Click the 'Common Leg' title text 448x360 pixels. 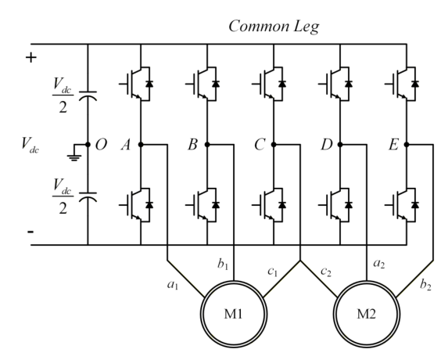coord(274,27)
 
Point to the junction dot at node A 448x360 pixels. coord(141,145)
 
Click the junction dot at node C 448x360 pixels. coord(274,145)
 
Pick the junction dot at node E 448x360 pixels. coord(407,145)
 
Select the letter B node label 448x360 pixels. coord(192,145)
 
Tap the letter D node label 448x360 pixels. coord(327,145)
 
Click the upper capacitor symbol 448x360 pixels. coord(88,95)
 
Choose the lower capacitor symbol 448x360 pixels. coord(88,197)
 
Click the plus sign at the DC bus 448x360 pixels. coord(31,58)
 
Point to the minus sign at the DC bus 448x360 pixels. coord(30,232)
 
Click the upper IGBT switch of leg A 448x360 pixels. coord(136,84)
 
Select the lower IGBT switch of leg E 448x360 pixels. coord(402,205)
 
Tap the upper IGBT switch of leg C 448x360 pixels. coord(269,84)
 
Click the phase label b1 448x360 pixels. coord(223,265)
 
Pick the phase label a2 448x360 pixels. coord(379,264)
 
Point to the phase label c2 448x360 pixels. coord(326,272)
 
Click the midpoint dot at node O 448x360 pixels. coord(88,145)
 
